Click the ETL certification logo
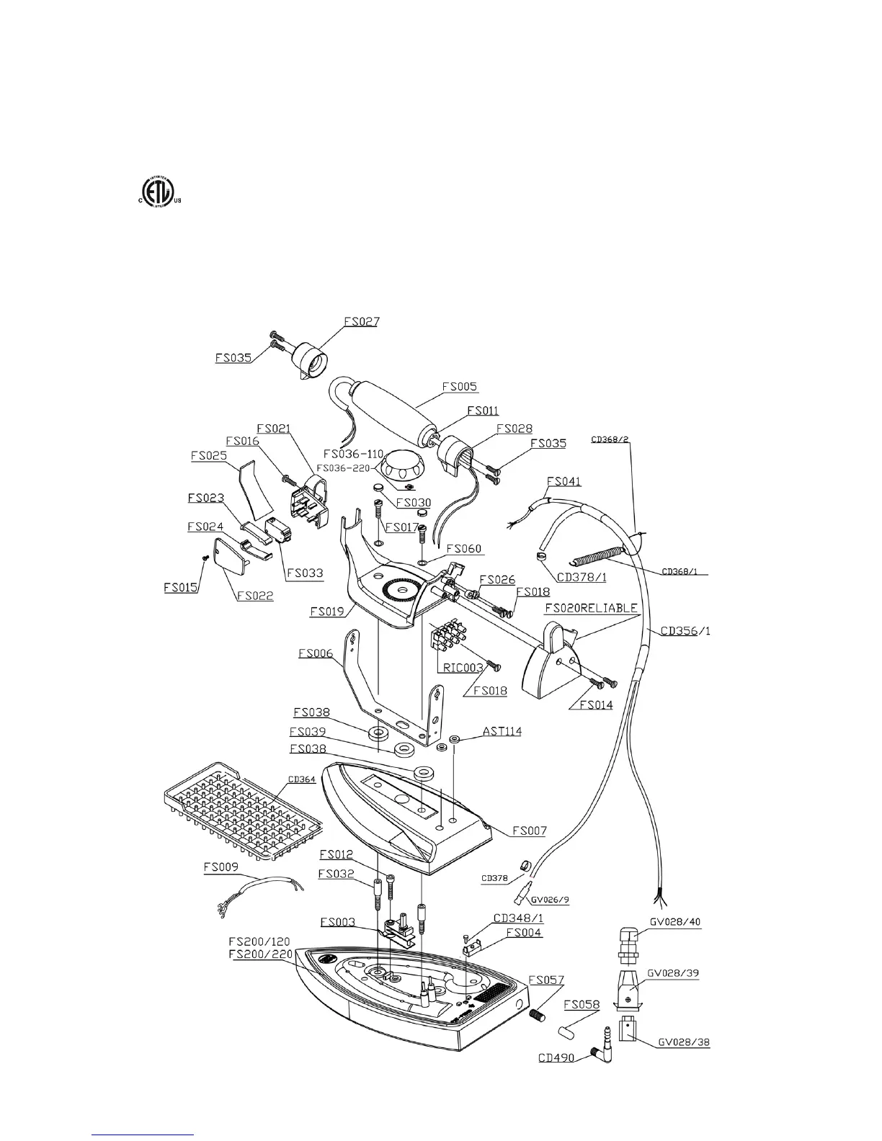[x=157, y=192]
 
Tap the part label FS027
[x=361, y=321]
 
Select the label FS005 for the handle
[x=460, y=387]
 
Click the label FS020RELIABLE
[x=591, y=608]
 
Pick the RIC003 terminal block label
[x=463, y=668]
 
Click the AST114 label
[x=502, y=732]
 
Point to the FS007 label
[x=529, y=831]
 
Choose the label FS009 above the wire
[x=220, y=868]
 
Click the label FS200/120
[x=259, y=941]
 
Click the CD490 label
[x=556, y=1058]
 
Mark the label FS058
[x=582, y=1004]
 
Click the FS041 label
[x=564, y=481]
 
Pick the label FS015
[x=181, y=587]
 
